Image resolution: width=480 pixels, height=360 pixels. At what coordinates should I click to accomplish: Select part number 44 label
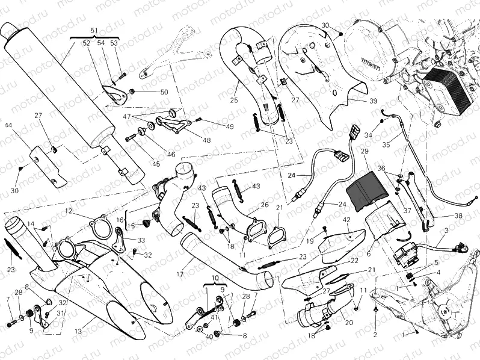(x=8, y=126)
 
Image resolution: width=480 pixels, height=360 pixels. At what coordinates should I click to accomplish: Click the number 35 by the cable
(x=385, y=144)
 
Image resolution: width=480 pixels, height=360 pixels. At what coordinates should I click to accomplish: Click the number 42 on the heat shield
(x=346, y=220)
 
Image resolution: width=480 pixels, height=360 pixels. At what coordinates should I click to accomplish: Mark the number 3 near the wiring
(x=446, y=231)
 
